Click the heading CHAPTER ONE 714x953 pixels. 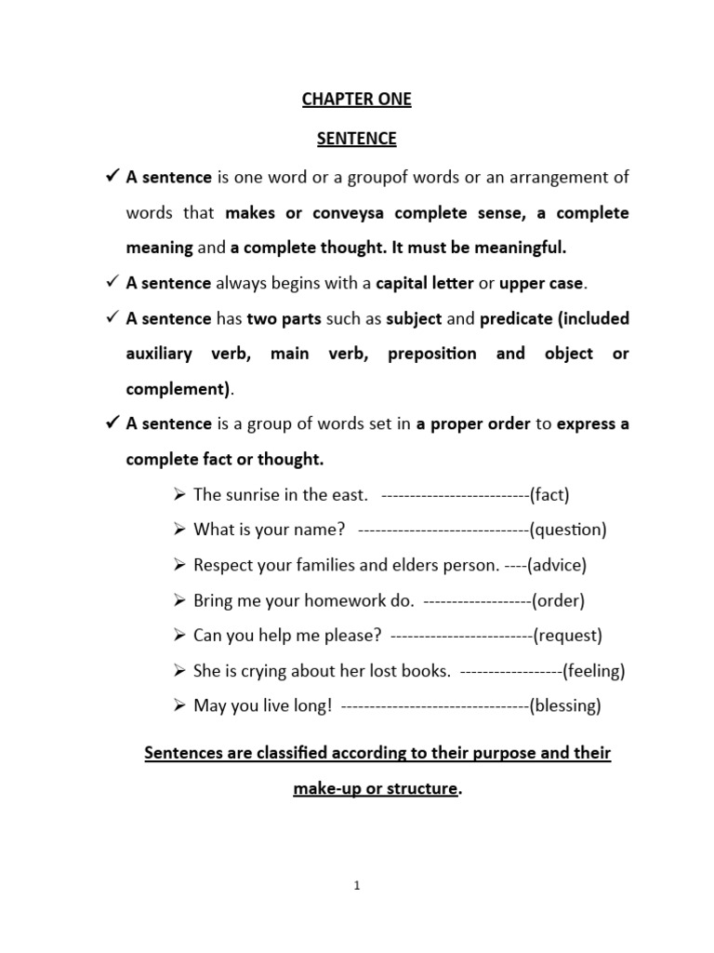point(356,100)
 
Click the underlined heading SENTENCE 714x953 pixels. point(356,139)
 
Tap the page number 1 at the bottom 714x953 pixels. point(356,886)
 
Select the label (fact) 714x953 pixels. point(549,494)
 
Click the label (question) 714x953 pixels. point(568,530)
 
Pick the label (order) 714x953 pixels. point(559,600)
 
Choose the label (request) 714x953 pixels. point(568,636)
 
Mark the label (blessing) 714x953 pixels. point(565,706)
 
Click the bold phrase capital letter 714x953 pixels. point(423,283)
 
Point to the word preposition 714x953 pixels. point(431,354)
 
